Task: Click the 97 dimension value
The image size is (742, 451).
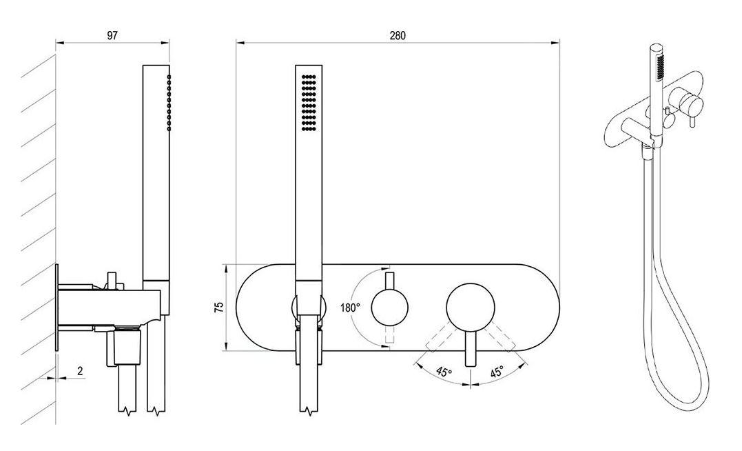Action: pos(112,36)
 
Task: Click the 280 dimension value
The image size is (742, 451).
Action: pos(398,36)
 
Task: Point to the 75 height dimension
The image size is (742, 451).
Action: pos(219,308)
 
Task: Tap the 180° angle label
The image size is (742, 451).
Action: pos(350,308)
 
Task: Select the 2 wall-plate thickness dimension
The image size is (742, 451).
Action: pos(80,371)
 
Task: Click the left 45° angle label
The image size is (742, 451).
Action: pos(444,372)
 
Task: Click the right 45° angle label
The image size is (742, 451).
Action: pos(497,372)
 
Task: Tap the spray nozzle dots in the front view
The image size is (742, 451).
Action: pos(309,102)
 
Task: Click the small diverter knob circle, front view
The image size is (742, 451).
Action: pos(389,308)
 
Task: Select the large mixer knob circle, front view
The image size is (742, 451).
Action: pos(471,308)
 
